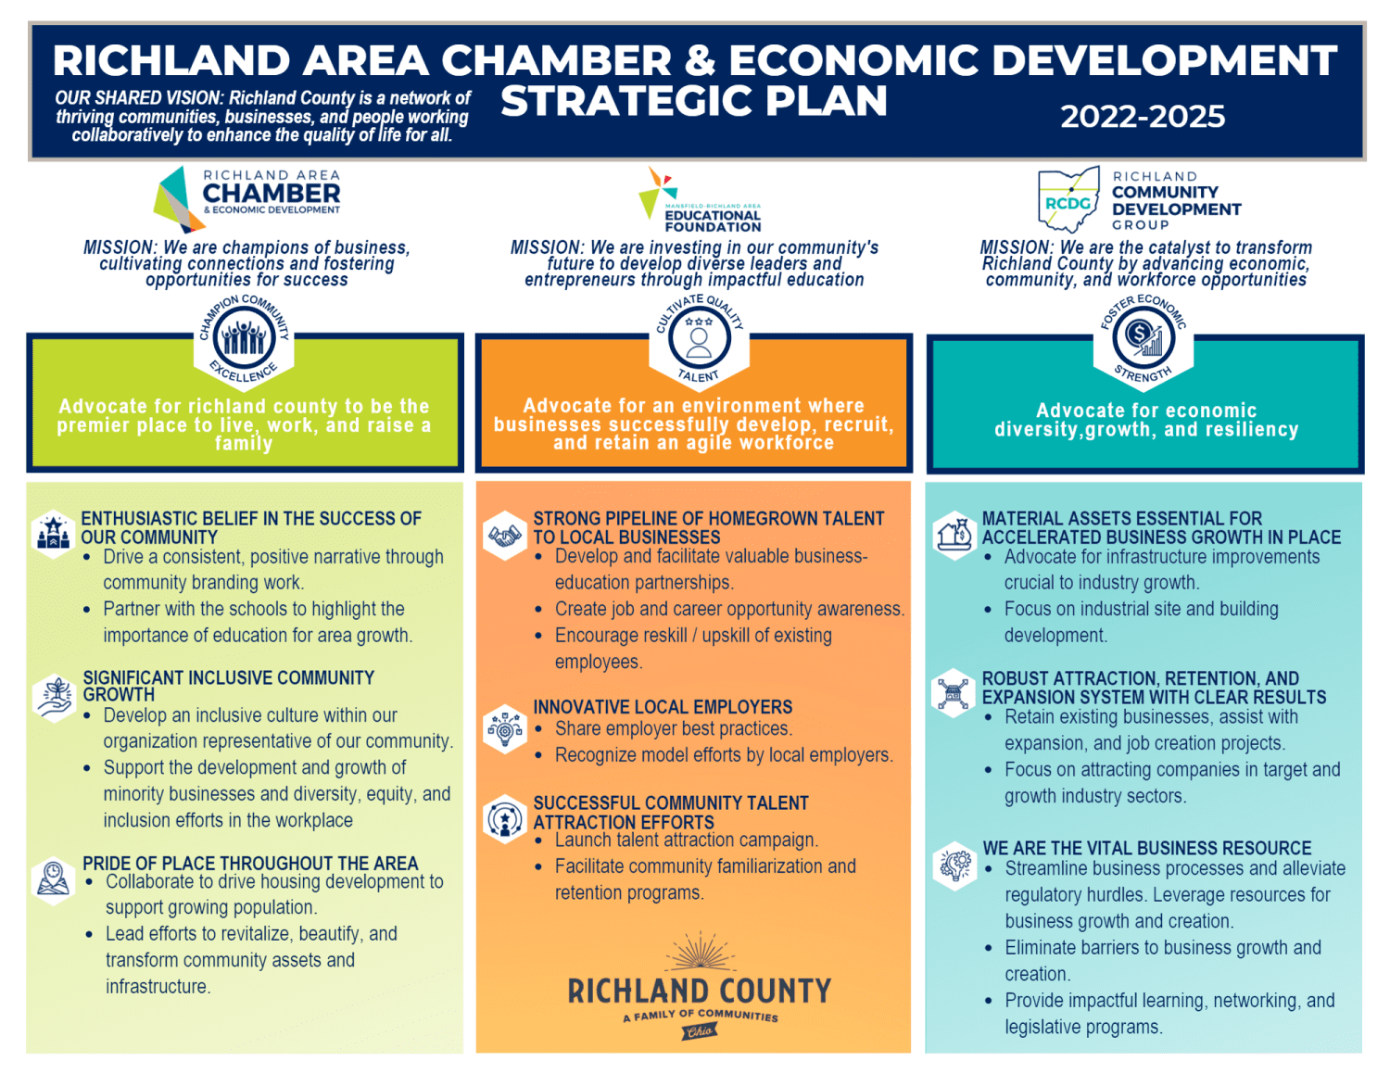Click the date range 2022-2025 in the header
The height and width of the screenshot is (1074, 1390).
(x=1142, y=117)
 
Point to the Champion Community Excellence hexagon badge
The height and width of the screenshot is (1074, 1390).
(x=244, y=339)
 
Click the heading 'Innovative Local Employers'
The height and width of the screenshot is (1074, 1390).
(x=663, y=707)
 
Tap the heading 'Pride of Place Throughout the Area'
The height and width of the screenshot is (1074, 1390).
(x=250, y=863)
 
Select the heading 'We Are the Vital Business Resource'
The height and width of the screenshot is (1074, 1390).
(x=1146, y=848)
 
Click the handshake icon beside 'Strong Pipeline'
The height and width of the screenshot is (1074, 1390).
(x=505, y=536)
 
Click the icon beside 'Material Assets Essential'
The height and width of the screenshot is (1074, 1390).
(x=954, y=535)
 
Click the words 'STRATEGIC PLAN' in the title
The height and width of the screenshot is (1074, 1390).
(x=693, y=101)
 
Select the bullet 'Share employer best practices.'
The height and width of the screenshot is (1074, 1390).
(x=674, y=729)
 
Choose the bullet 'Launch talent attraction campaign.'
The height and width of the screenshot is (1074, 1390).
(x=686, y=840)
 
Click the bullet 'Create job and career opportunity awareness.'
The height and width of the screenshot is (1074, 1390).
(x=729, y=609)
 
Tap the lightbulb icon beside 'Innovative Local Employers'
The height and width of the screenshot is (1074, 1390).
(x=505, y=729)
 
